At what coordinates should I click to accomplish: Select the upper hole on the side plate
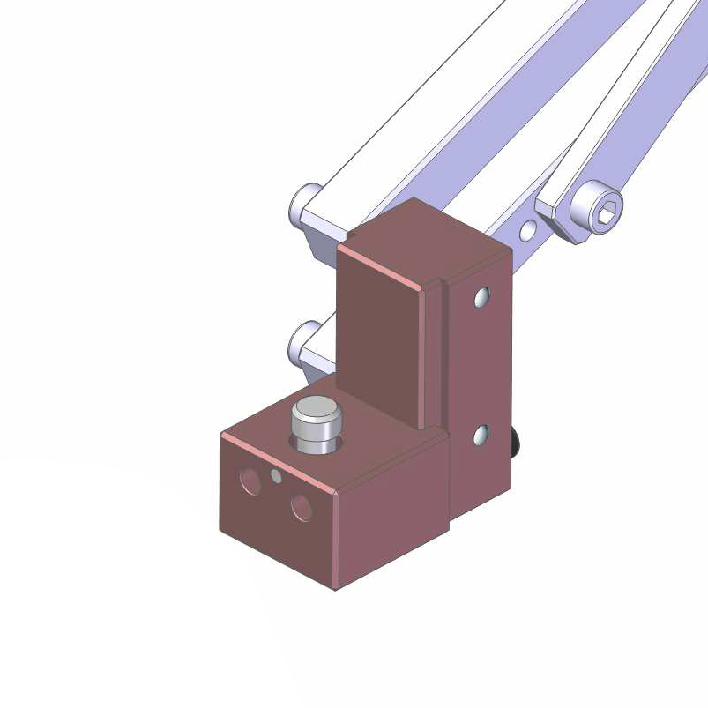point(481,298)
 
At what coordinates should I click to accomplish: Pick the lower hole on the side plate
point(481,435)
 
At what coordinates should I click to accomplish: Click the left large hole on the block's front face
point(250,481)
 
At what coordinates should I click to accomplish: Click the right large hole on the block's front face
point(302,507)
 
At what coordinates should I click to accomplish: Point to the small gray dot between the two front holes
point(277,477)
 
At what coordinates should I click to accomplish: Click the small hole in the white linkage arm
point(527,231)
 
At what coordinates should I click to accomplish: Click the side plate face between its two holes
point(481,366)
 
